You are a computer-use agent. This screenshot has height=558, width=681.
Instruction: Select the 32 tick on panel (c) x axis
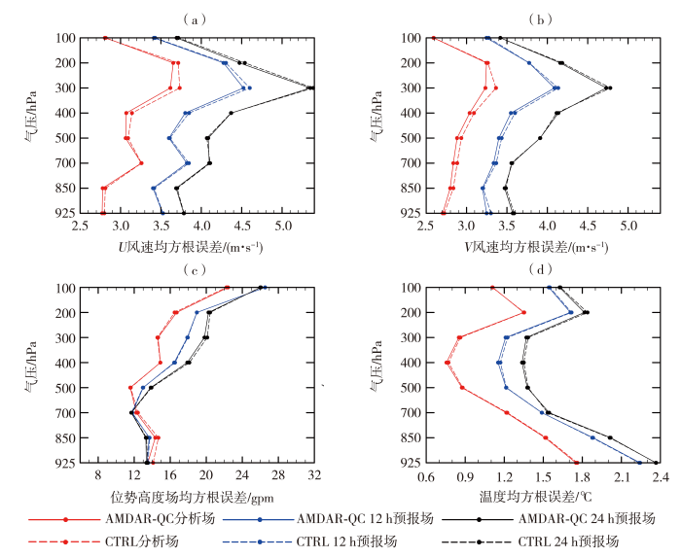pos(313,476)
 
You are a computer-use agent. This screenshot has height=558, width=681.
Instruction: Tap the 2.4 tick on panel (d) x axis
pos(660,476)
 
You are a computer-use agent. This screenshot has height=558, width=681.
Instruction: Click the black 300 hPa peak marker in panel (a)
pos(310,87)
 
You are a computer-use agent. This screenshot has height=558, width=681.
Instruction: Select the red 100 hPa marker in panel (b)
pos(433,38)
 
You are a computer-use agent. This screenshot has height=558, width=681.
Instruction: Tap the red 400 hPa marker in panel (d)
pos(448,363)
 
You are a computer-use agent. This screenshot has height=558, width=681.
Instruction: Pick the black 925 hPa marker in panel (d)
pos(656,463)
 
